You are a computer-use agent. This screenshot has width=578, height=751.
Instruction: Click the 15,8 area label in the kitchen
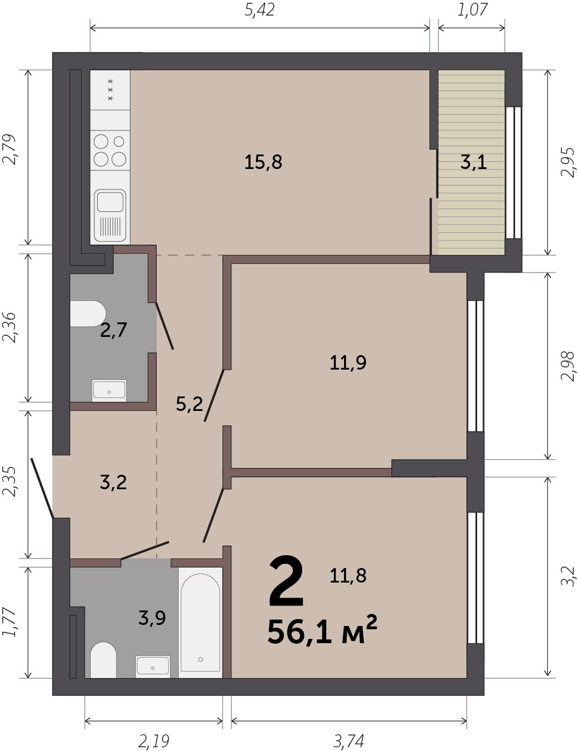pyautogui.click(x=263, y=162)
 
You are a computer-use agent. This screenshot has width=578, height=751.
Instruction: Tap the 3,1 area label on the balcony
pyautogui.click(x=473, y=162)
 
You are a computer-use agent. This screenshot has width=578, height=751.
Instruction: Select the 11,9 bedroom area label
pyautogui.click(x=348, y=363)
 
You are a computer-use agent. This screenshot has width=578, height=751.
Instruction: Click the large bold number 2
pyautogui.click(x=286, y=581)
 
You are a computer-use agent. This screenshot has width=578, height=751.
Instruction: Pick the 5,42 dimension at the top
pyautogui.click(x=259, y=10)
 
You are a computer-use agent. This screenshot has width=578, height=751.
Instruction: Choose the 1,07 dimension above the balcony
pyautogui.click(x=472, y=10)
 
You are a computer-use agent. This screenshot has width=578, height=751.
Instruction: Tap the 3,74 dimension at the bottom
pyautogui.click(x=349, y=741)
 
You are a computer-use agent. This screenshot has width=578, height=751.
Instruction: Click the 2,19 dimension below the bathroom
pyautogui.click(x=154, y=741)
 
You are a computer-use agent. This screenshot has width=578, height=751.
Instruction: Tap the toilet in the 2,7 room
pyautogui.click(x=88, y=313)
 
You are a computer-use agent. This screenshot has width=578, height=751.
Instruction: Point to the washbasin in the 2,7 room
pyautogui.click(x=109, y=391)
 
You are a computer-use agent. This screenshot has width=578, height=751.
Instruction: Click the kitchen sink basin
pyautogui.click(x=110, y=202)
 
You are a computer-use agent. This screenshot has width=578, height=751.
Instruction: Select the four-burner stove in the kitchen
pyautogui.click(x=110, y=150)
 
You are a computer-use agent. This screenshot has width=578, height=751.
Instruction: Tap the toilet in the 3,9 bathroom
pyautogui.click(x=103, y=660)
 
